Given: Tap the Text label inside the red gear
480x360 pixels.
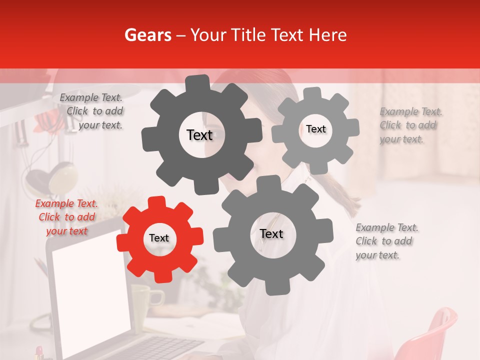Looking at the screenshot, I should tap(159, 238).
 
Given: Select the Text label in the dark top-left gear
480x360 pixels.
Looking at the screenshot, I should tap(199, 135).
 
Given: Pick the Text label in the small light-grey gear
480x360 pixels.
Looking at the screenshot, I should tap(316, 129).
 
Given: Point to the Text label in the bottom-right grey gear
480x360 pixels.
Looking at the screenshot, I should tap(271, 234).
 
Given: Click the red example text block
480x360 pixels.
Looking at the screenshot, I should tap(66, 217).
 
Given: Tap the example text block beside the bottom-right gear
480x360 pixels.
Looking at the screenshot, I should tap(387, 241).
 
